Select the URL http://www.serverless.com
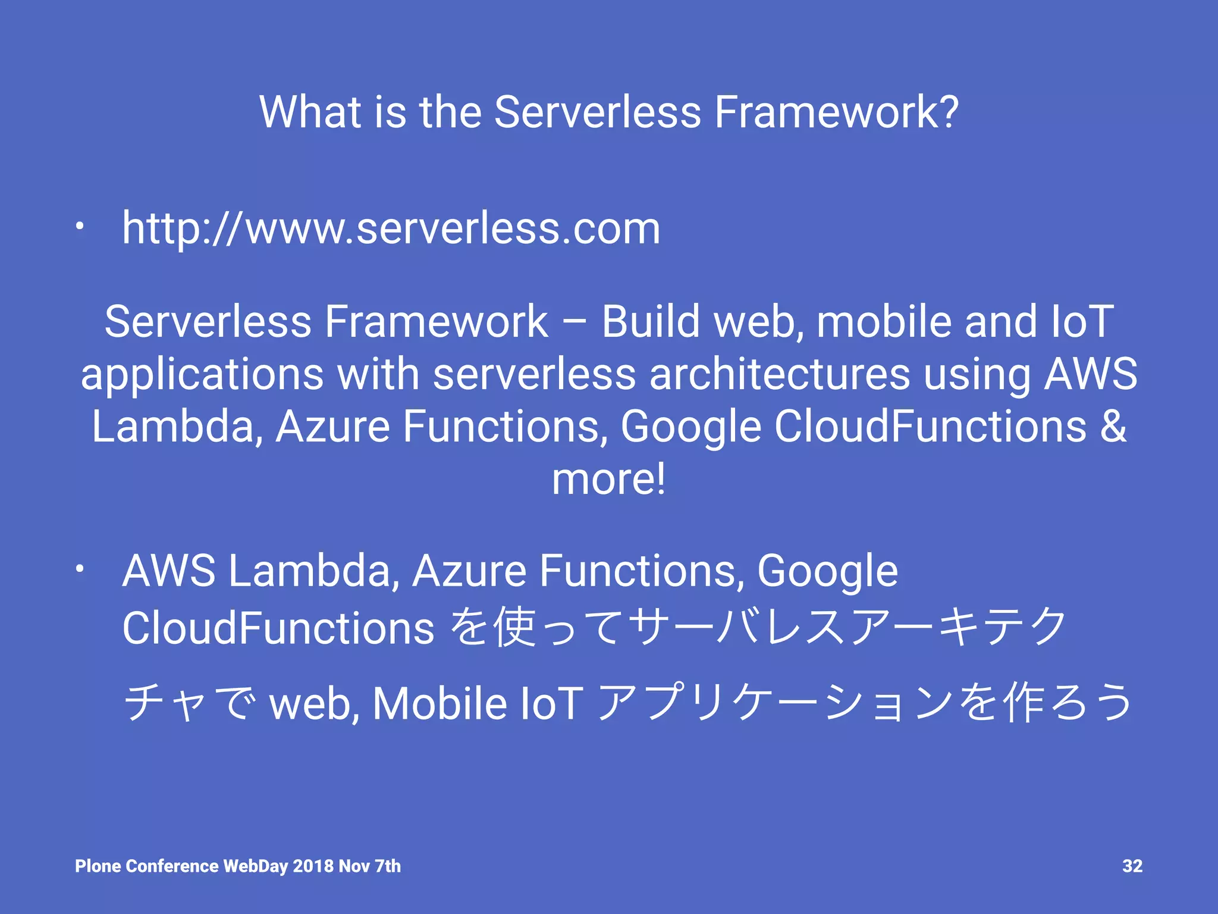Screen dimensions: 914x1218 click(391, 228)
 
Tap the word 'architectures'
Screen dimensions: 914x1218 click(779, 375)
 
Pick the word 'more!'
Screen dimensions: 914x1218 click(608, 479)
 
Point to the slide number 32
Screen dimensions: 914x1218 click(1132, 866)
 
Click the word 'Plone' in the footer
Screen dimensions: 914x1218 click(98, 866)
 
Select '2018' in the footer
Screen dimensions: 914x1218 click(313, 866)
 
